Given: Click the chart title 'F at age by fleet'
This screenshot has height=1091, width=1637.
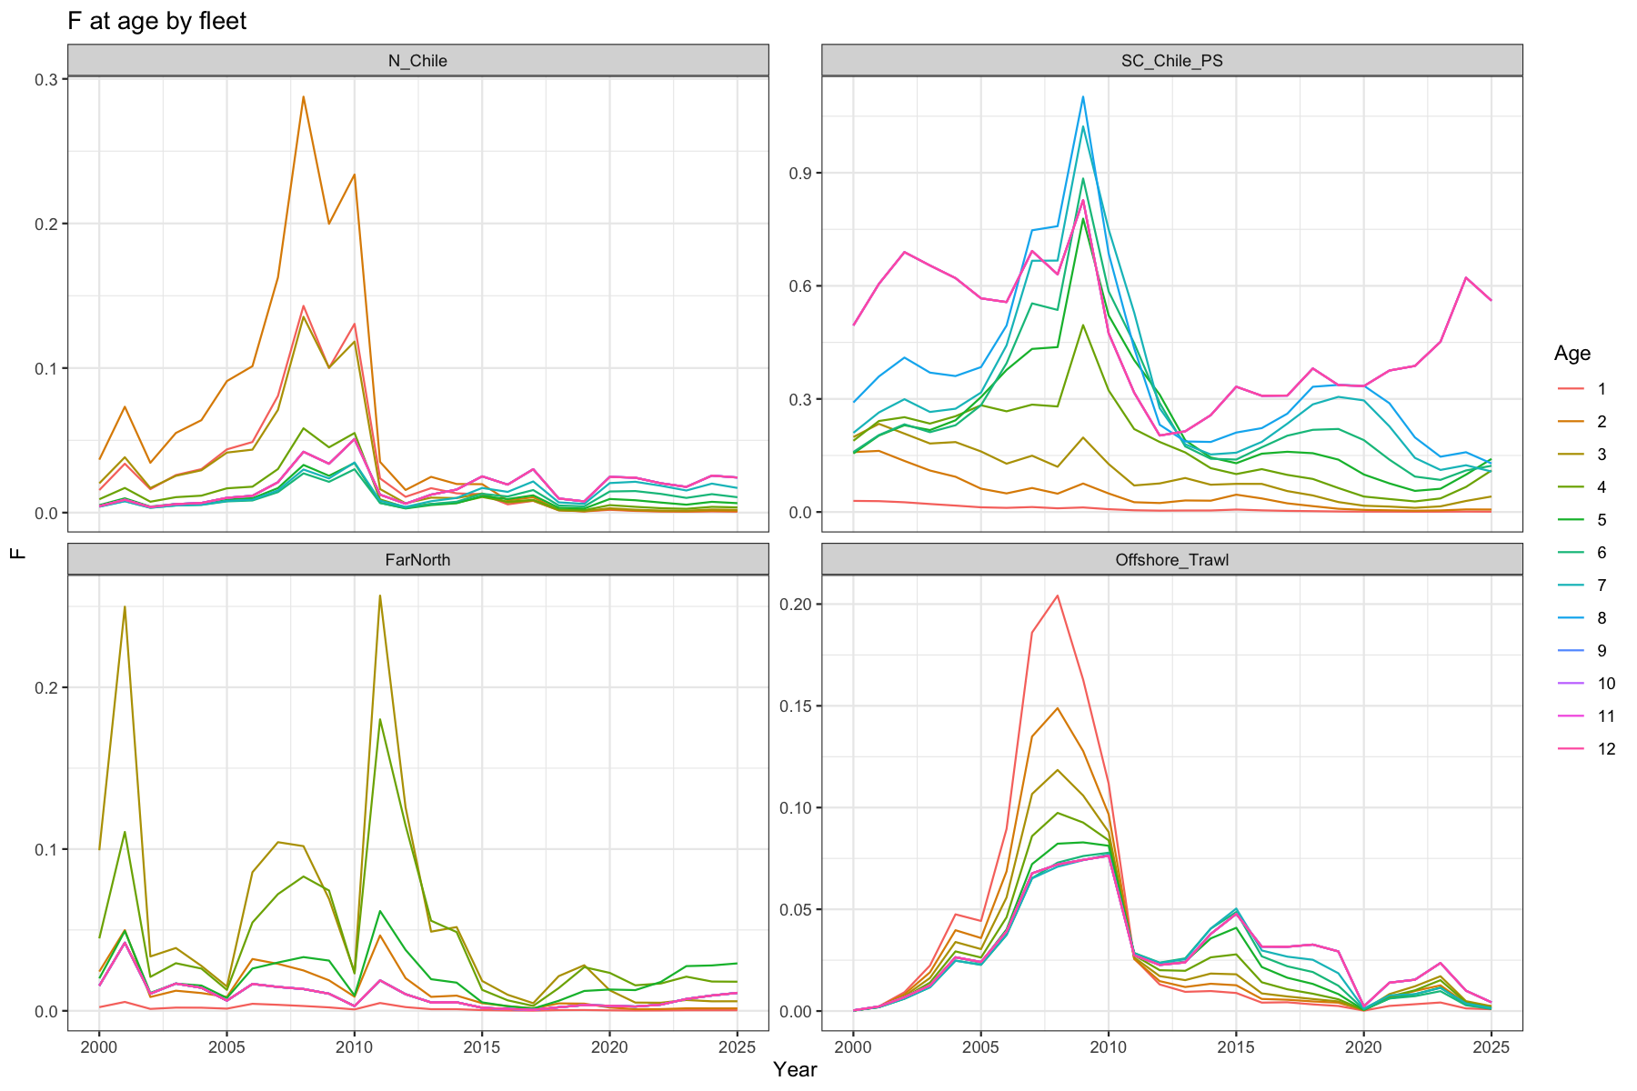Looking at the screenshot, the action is coord(157,20).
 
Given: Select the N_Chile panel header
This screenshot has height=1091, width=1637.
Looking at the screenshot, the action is coord(417,61).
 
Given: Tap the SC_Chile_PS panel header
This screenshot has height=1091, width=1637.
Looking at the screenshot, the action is coord(1172,61).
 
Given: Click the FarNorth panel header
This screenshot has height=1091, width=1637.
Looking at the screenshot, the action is coord(417,559).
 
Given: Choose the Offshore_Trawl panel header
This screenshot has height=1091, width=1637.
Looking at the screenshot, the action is coord(1172,559).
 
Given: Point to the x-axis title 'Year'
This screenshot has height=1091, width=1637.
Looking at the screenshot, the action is coord(795,1069).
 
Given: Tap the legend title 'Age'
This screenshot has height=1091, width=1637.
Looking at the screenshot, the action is coord(1572,354).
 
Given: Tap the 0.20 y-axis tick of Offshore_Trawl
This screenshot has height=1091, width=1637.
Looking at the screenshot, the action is coord(797,604).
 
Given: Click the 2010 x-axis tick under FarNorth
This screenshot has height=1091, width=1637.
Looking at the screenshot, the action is coord(355,1046).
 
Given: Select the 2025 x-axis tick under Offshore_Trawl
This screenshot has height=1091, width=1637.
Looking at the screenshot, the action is coord(1491,1046).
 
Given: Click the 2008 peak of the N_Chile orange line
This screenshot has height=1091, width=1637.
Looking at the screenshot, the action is coord(303,96).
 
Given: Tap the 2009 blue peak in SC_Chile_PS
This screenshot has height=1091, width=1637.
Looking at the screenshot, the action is coord(1082,96).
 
